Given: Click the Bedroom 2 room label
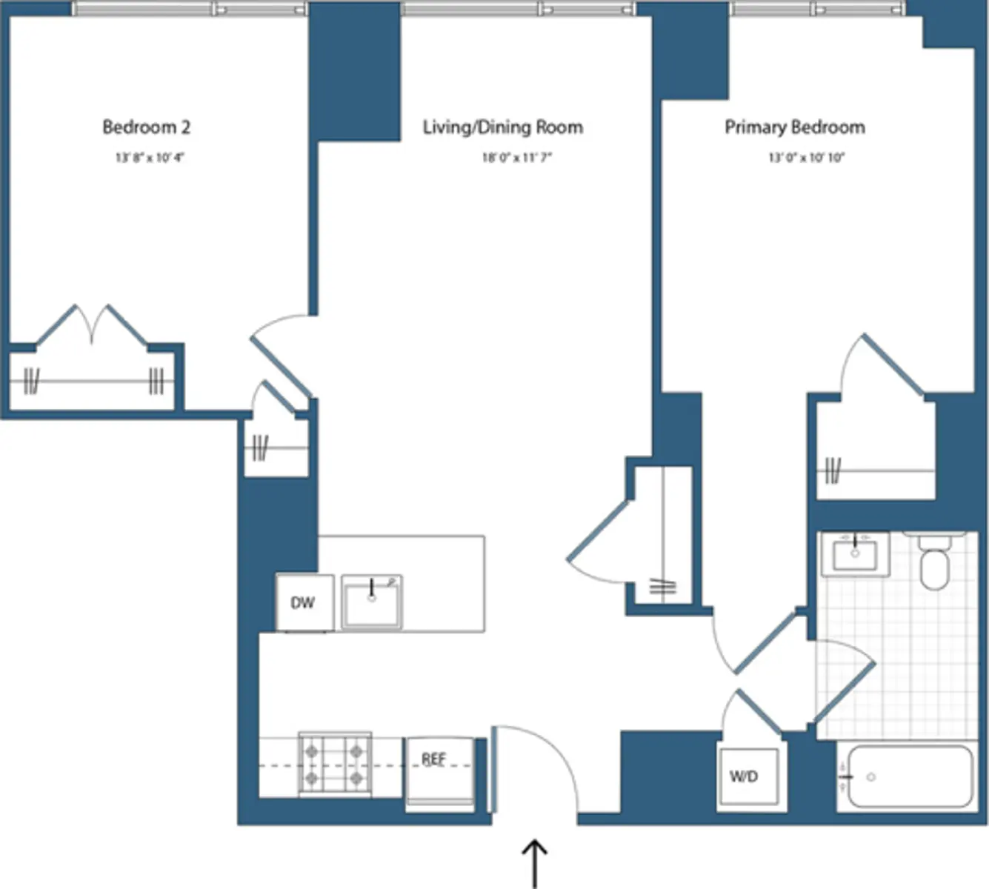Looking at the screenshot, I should (x=146, y=127).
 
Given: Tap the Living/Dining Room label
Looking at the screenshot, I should (x=502, y=127).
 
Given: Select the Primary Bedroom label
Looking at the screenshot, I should (x=794, y=127).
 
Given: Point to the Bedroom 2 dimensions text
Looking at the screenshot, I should (x=149, y=158).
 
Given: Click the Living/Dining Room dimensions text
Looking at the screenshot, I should (x=517, y=158).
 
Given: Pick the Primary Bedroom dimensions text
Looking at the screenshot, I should (x=806, y=158).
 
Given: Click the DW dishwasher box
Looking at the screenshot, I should (x=304, y=603).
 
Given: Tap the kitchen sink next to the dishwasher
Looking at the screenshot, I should (x=372, y=602).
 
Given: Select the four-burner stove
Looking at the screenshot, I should (x=334, y=764).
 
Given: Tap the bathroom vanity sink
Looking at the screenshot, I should (x=855, y=554).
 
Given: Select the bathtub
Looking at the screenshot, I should (x=910, y=776).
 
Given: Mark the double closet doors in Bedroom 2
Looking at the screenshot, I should (x=92, y=326).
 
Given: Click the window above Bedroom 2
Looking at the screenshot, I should (x=190, y=9).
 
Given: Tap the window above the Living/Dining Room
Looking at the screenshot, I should (x=518, y=9).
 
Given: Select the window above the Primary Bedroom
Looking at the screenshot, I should (x=817, y=9).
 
